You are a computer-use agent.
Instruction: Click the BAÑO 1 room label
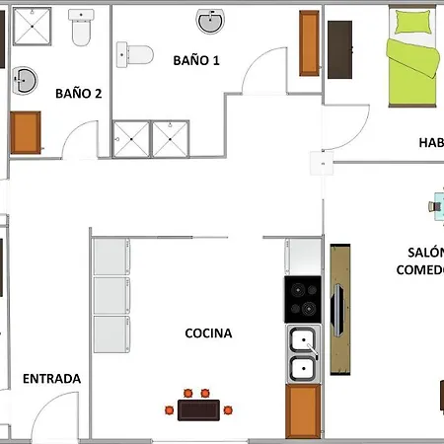tap(195, 60)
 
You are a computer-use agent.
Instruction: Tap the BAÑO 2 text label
tap(79, 94)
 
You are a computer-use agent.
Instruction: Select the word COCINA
tap(208, 333)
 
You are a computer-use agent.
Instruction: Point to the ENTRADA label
tap(51, 378)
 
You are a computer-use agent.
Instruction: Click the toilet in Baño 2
tap(81, 34)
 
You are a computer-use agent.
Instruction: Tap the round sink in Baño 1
tap(210, 22)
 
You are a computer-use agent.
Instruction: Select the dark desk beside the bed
tap(340, 49)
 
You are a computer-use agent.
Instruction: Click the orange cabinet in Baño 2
tap(26, 132)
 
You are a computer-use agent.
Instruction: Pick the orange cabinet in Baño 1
tap(309, 45)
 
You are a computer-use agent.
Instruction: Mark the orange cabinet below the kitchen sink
tap(303, 410)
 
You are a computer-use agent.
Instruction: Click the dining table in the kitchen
tap(203, 407)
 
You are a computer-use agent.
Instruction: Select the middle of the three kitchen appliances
tap(111, 295)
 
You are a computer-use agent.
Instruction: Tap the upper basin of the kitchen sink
tap(303, 340)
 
